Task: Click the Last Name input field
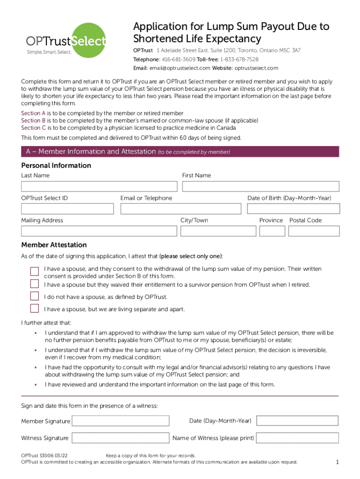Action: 99,186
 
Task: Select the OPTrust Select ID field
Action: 67,209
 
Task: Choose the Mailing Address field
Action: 99,231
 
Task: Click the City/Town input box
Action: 218,231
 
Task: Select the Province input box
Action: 272,231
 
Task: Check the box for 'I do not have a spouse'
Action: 34,296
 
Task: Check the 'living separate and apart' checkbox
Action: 34,308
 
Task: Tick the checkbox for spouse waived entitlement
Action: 34,284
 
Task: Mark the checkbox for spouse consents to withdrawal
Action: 34,272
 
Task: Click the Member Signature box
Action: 121,421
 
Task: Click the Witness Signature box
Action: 121,438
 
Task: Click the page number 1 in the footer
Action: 337,463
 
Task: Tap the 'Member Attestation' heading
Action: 54,245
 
